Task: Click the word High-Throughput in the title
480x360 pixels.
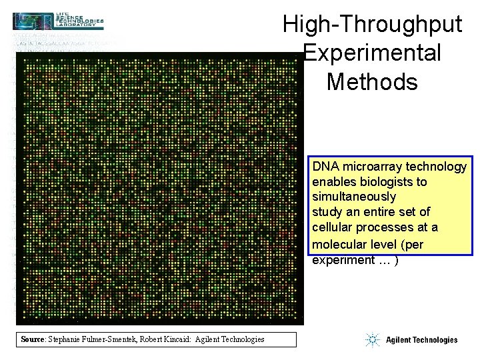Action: (x=372, y=24)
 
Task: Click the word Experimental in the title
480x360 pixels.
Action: (x=372, y=53)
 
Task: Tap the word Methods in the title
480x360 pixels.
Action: (x=372, y=81)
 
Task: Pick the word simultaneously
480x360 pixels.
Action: (x=354, y=197)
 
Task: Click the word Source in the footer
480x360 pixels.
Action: (x=32, y=339)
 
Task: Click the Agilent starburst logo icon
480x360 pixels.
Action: (x=372, y=340)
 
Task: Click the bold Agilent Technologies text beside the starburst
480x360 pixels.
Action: (x=421, y=340)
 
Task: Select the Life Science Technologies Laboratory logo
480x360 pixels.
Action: (x=59, y=21)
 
